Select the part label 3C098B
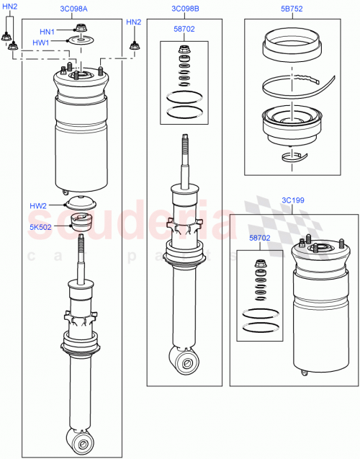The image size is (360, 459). pos(185,9)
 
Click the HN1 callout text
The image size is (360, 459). pos(47,32)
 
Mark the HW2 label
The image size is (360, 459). pos(39,206)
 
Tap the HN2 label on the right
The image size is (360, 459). pos(133,22)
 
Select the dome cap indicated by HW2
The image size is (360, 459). pos(81,202)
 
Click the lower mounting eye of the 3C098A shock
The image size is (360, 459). pos(80,439)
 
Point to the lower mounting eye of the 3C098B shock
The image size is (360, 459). pos(186,360)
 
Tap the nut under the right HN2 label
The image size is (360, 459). pos(133,46)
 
